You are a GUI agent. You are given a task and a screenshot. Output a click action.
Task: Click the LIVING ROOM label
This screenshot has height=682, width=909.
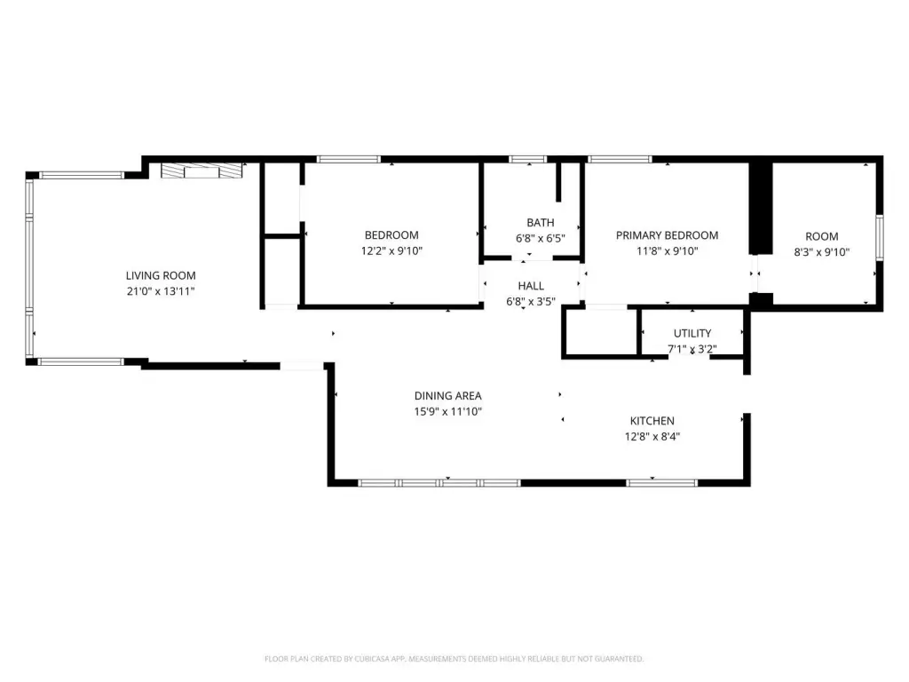[161, 275]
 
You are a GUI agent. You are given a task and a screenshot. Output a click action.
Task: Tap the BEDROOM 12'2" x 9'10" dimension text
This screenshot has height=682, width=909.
[391, 250]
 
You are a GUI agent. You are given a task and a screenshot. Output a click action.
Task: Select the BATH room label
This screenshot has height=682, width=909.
[541, 223]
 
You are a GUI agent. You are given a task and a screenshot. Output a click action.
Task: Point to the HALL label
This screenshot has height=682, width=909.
[531, 286]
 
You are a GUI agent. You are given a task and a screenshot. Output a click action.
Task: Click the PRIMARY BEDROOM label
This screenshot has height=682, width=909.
[668, 235]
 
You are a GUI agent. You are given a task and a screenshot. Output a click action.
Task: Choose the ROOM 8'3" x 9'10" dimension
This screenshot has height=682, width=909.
[822, 251]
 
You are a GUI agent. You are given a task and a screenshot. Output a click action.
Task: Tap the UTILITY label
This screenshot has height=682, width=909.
[692, 334]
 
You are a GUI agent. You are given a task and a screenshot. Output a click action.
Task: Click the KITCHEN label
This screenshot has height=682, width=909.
[652, 421]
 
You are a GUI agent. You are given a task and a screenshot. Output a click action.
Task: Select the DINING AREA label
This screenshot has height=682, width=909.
[448, 396]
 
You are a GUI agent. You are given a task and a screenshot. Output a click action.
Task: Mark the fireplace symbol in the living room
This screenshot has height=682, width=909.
[202, 170]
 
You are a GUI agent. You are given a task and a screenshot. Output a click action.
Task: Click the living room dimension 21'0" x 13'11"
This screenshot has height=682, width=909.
[161, 291]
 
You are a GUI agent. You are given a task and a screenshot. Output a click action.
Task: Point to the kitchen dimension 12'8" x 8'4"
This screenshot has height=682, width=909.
[652, 437]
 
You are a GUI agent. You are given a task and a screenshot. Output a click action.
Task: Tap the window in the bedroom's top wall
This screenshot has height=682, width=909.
[348, 160]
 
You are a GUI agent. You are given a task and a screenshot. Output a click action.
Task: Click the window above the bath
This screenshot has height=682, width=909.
[528, 160]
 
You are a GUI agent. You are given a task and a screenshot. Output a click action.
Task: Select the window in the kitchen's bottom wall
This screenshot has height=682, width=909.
[662, 482]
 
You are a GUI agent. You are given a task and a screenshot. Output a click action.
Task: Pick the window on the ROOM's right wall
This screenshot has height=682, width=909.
[880, 237]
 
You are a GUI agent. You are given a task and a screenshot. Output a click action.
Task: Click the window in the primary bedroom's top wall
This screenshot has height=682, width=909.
[620, 160]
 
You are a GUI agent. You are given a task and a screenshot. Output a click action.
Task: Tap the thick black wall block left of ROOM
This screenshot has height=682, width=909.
[761, 208]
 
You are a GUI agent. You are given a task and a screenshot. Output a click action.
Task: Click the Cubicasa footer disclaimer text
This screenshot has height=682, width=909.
[454, 659]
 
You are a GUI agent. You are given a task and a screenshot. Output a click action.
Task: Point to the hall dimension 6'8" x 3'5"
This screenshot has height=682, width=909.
[531, 302]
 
